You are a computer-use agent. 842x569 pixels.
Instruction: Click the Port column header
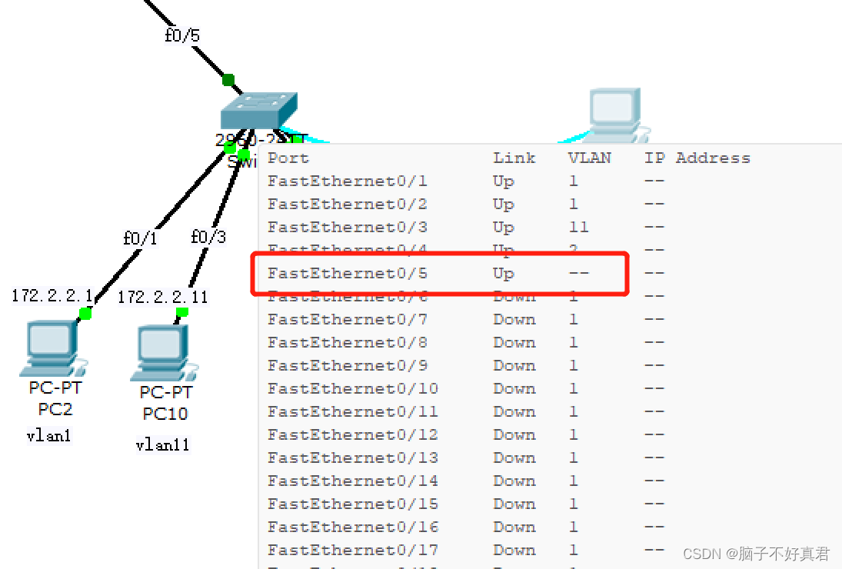[288, 158]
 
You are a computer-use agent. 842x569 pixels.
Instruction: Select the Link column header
[514, 158]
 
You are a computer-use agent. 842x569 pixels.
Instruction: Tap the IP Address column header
[697, 158]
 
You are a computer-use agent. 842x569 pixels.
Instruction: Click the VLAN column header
[589, 158]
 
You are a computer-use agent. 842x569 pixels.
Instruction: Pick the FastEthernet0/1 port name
[347, 181]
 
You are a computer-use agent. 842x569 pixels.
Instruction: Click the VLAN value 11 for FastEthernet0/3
[578, 228]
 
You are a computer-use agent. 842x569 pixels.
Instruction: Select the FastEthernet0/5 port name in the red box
[347, 274]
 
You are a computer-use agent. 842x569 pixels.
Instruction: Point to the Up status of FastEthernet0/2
[503, 205]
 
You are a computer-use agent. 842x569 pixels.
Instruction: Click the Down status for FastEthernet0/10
[514, 389]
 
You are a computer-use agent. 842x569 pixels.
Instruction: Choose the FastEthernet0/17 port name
[352, 551]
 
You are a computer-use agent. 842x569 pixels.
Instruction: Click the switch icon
[258, 112]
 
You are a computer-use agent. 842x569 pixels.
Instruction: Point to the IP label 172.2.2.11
[163, 297]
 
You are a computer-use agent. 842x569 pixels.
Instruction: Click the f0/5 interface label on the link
[182, 36]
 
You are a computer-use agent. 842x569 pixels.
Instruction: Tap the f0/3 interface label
[208, 237]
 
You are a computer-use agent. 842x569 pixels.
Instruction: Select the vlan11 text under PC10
[162, 445]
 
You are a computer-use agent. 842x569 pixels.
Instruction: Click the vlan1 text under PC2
[48, 437]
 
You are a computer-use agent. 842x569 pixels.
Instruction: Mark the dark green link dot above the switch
[228, 79]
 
